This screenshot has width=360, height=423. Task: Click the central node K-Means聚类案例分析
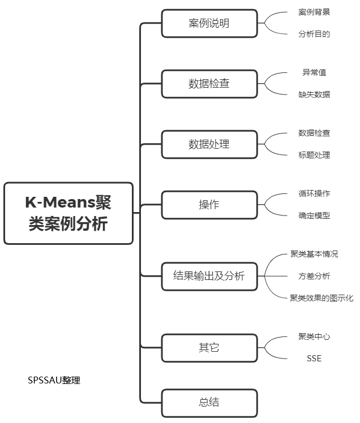click(68, 213)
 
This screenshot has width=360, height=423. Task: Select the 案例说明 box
click(209, 23)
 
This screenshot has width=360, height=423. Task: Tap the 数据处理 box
click(209, 144)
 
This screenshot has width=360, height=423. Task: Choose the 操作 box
click(209, 205)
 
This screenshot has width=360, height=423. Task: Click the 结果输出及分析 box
click(209, 276)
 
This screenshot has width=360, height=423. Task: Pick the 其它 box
click(209, 348)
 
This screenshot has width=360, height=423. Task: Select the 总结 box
click(209, 403)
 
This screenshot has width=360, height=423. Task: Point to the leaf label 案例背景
click(314, 12)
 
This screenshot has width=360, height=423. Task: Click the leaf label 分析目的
click(314, 34)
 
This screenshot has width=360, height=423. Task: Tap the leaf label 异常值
click(314, 72)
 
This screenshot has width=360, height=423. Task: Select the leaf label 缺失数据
click(314, 94)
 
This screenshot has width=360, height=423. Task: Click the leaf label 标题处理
click(314, 155)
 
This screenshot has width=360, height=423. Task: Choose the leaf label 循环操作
click(314, 193)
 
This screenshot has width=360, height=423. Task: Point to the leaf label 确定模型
click(314, 215)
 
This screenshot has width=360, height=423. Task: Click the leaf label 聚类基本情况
click(314, 254)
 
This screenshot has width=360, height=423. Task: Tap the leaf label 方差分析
click(314, 276)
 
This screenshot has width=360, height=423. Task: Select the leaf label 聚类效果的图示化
click(322, 298)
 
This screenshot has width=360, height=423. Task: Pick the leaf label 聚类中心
click(314, 336)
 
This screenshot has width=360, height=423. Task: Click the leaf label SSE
click(314, 359)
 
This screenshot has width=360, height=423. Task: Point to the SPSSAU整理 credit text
click(54, 380)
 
